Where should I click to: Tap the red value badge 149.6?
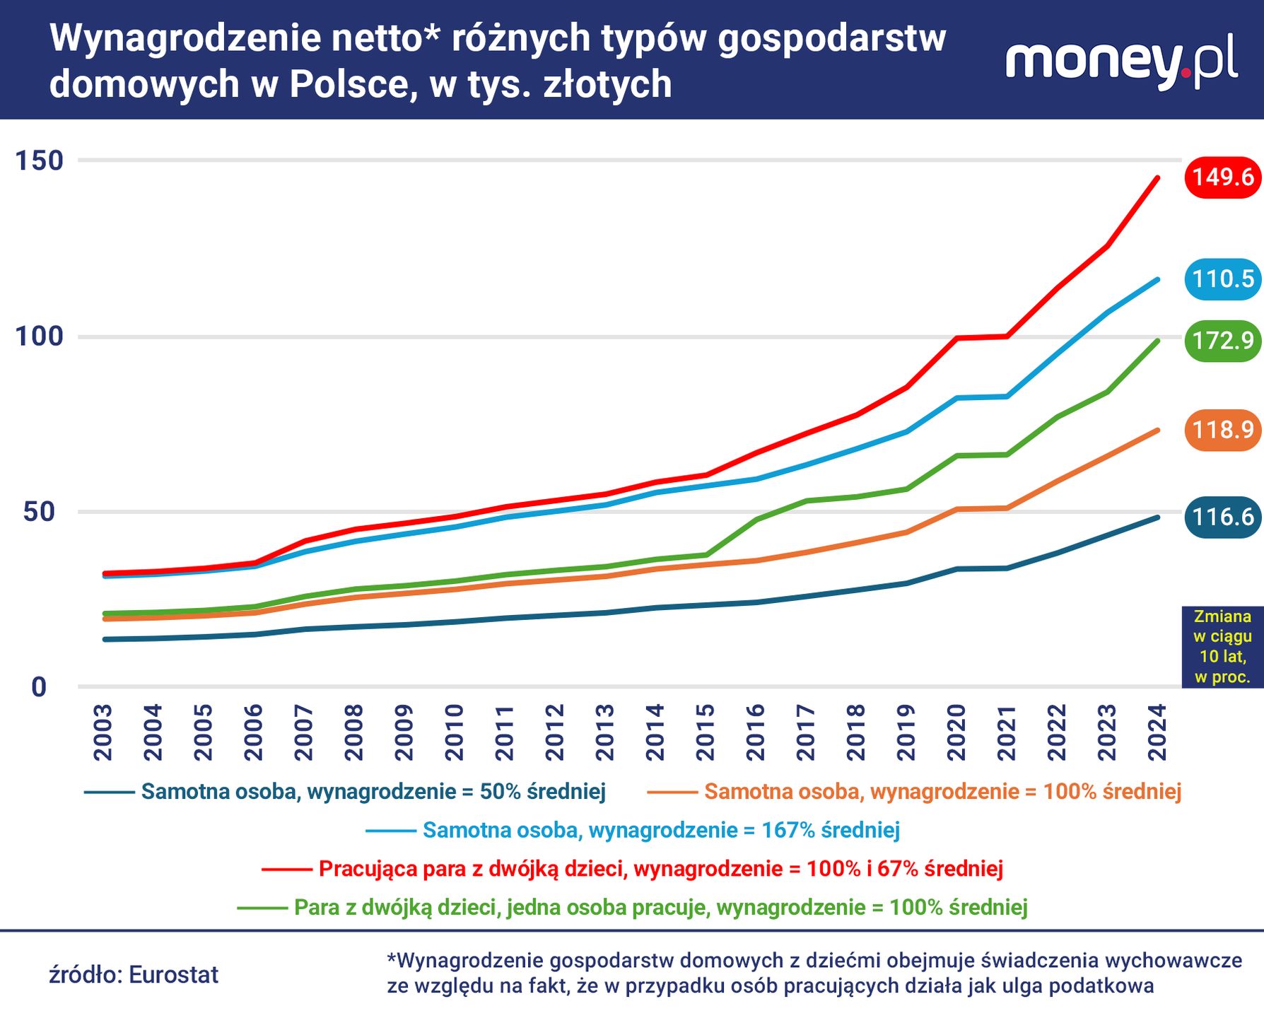(x=1222, y=177)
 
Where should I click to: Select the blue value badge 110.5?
(x=1222, y=279)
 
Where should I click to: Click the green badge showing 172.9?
(x=1222, y=341)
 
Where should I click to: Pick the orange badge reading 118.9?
(x=1222, y=429)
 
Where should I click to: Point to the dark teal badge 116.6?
(x=1222, y=517)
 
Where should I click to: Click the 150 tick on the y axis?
(x=40, y=161)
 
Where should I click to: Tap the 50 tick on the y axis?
(x=40, y=512)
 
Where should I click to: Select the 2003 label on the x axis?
(x=103, y=732)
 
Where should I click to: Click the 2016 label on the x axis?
(x=756, y=732)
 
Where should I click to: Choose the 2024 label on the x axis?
(x=1157, y=732)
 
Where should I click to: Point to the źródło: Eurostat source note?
(x=134, y=975)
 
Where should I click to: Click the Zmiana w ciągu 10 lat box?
(x=1222, y=647)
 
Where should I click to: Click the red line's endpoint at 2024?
(x=1157, y=177)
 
